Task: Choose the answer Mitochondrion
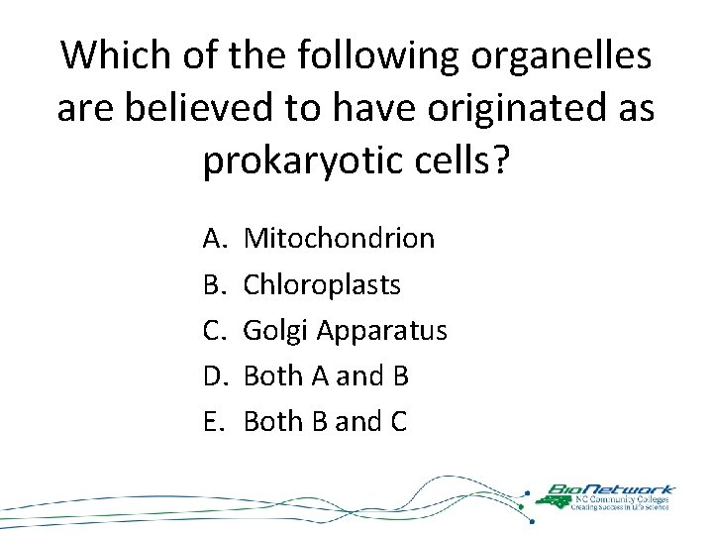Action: point(339,239)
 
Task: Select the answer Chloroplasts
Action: point(322,284)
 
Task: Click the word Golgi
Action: point(271,330)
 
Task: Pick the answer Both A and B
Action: point(326,375)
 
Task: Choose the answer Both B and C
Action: point(325,421)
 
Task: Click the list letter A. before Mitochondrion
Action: point(215,239)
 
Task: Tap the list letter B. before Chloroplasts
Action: point(215,284)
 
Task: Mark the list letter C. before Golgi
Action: point(215,330)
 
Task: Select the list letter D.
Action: point(215,375)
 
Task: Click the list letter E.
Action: point(215,421)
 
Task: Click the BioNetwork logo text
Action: point(615,488)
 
